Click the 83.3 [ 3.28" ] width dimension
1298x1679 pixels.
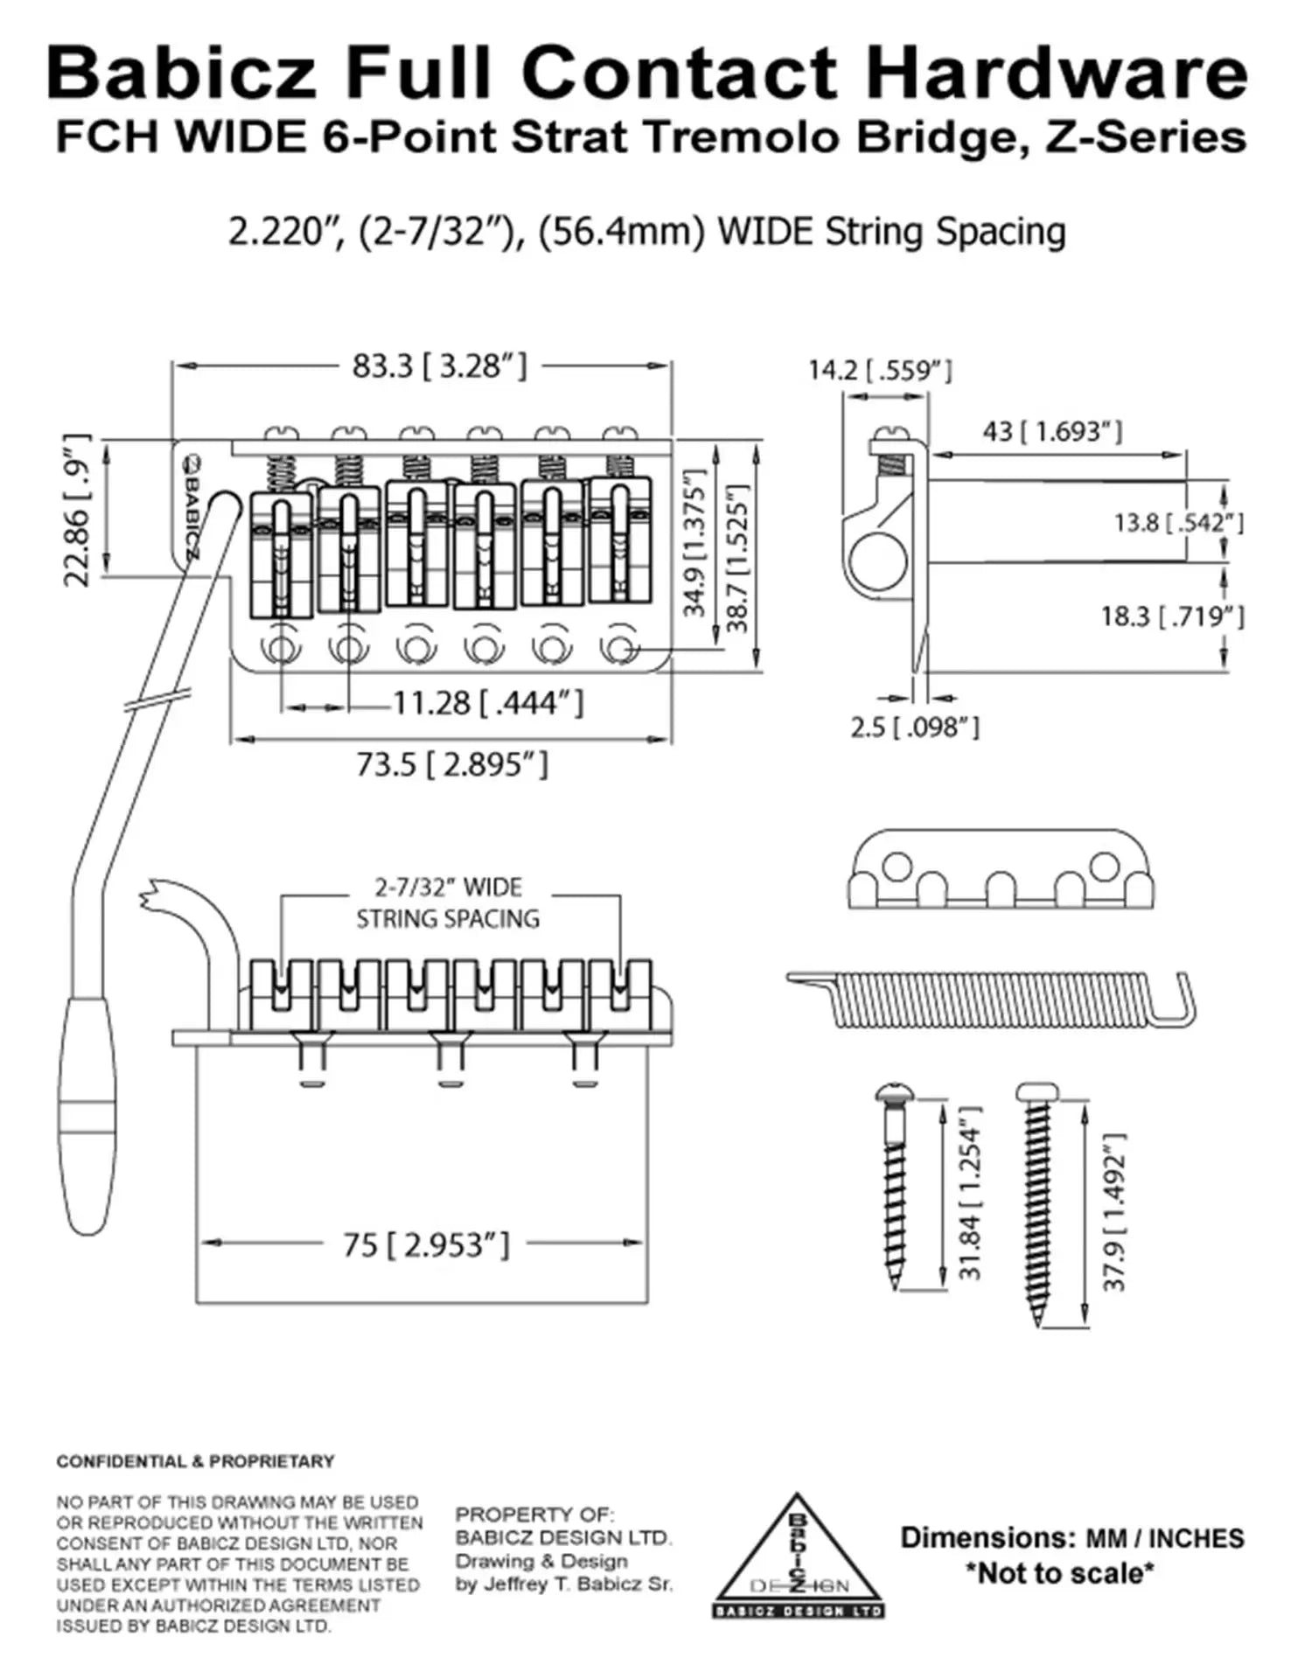(439, 366)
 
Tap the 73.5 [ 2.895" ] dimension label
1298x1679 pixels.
(451, 764)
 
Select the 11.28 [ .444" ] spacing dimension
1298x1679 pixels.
(487, 702)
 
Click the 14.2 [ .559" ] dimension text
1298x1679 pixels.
(879, 370)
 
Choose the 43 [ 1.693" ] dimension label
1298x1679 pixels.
(1052, 431)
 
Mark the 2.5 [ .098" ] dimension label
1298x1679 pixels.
(914, 727)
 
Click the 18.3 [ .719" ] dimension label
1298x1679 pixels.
(1171, 617)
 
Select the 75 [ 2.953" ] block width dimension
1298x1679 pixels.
(425, 1244)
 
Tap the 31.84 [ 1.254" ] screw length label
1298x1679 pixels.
(970, 1193)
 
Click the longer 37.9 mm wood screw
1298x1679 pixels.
(1038, 1207)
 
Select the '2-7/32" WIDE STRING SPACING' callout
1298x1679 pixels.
(448, 902)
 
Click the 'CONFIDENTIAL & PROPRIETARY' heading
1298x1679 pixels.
(195, 1461)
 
